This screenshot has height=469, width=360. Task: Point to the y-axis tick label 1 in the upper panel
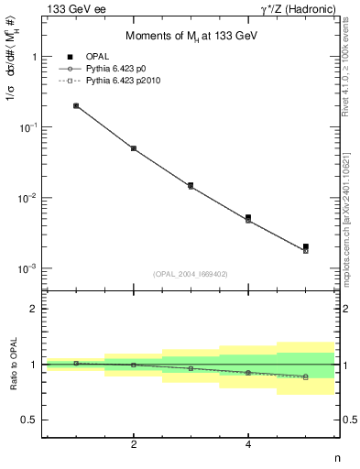pos(33,57)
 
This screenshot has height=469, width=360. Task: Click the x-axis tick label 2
pos(134,445)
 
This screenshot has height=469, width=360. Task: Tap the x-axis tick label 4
pos(248,445)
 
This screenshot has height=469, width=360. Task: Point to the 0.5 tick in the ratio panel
pos(29,420)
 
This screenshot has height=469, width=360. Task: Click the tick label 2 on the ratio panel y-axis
pos(33,309)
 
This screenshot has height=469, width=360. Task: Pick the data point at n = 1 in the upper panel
pos(76,105)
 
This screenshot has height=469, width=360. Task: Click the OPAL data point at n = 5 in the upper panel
pos(306,246)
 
